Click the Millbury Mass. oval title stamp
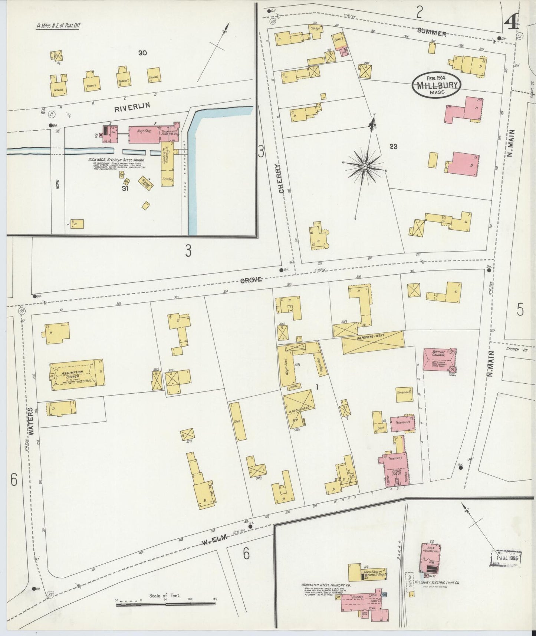[x=436, y=85]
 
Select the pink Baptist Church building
[x=438, y=359]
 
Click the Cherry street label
[x=281, y=179]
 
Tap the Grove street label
[x=251, y=280]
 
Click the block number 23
[x=394, y=147]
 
